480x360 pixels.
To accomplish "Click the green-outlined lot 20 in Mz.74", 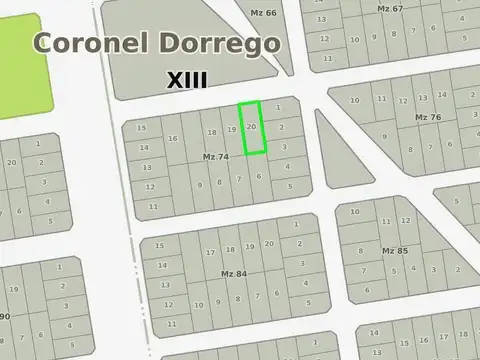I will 252,128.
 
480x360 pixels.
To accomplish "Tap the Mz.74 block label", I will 215,157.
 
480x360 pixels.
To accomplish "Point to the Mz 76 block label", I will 428,117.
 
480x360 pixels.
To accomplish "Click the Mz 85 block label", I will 395,250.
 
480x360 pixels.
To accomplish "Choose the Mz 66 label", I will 263,12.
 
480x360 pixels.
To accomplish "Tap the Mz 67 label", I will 391,8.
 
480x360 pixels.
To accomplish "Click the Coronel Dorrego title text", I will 157,44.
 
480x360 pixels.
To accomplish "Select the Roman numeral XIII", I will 187,79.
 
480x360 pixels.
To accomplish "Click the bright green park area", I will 25,65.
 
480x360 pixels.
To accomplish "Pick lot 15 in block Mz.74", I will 142,129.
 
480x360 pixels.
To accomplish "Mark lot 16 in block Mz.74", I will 172,139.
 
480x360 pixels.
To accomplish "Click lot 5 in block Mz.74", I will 289,186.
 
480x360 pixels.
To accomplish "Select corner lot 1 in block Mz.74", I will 278,107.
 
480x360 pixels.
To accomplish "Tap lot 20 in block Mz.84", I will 270,244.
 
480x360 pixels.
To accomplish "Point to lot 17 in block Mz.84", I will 210,252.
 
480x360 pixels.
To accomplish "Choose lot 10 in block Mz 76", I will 355,99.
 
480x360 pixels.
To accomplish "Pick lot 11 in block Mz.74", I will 153,206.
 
